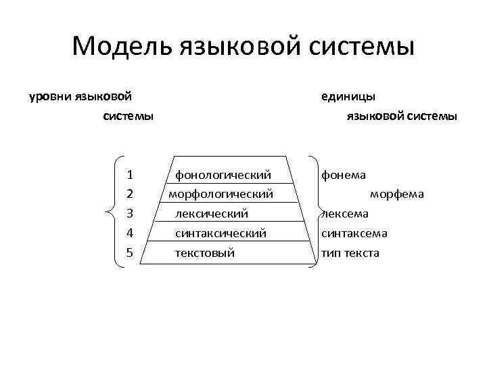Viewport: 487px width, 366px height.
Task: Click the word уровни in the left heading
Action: (49, 98)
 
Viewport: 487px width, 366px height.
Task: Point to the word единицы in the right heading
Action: (348, 98)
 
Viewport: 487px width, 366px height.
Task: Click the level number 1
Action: (129, 175)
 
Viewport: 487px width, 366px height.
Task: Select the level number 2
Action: (129, 195)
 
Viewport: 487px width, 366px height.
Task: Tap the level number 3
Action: (129, 214)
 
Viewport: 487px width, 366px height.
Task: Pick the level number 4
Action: (129, 234)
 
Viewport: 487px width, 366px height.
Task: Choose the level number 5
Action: (129, 253)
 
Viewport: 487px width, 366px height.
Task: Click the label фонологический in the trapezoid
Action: (223, 175)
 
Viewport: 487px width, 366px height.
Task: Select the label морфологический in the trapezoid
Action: (221, 195)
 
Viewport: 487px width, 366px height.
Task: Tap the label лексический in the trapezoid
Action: (212, 214)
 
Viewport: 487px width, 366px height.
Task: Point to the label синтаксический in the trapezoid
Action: (221, 234)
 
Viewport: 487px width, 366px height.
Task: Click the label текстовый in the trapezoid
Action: (205, 253)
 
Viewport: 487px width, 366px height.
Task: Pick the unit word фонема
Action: (344, 175)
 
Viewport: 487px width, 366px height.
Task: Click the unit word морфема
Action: (397, 195)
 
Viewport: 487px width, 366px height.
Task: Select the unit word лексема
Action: (345, 214)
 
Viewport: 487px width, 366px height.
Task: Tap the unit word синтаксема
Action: (354, 234)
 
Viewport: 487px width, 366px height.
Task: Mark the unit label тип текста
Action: (350, 253)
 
